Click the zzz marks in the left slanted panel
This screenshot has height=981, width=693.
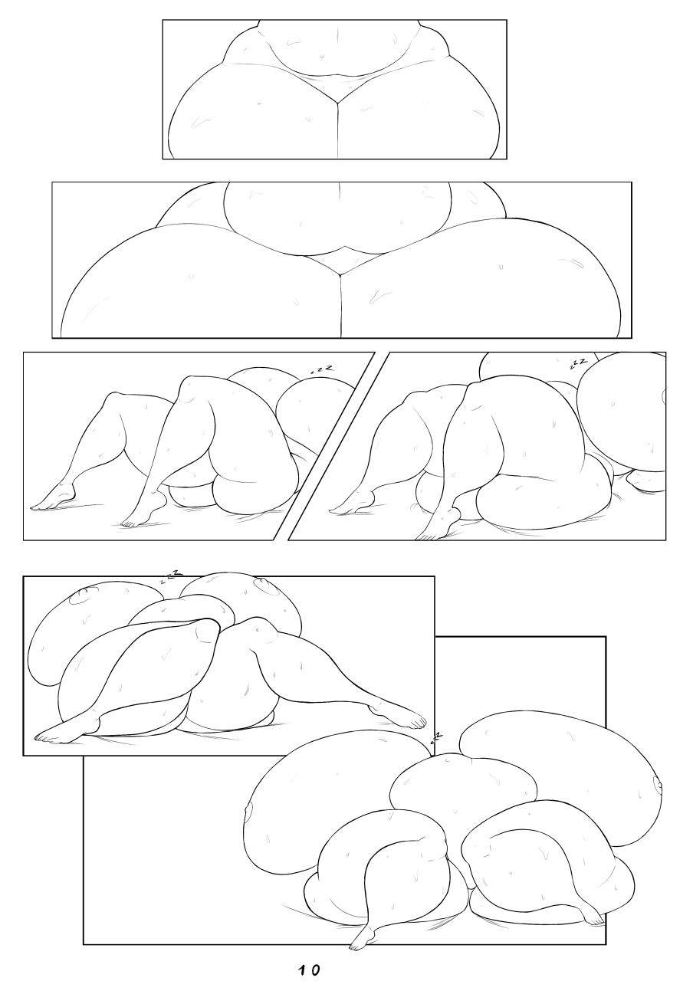[x=322, y=369]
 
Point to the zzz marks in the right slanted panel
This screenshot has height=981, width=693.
[x=578, y=364]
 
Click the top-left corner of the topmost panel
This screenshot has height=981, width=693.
[x=163, y=20]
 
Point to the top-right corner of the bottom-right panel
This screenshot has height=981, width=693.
[x=606, y=637]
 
